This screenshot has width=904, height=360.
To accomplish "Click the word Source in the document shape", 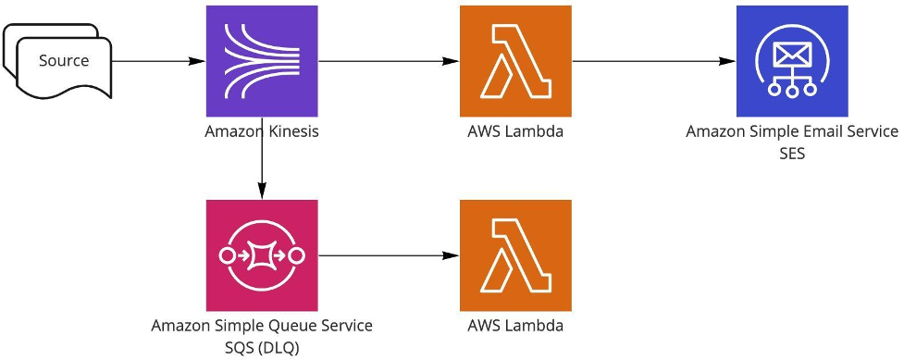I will click(64, 61).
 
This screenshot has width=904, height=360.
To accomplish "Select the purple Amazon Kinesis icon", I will click(262, 61).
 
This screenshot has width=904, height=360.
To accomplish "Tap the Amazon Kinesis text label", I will click(262, 131).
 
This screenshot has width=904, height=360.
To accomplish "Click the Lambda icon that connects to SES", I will click(515, 61).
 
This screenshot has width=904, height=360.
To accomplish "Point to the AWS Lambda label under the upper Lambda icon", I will click(515, 131).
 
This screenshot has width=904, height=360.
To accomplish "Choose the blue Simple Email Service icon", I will click(792, 61).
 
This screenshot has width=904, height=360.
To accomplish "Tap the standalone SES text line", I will click(792, 154).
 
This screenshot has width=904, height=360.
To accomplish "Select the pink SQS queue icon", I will click(262, 255).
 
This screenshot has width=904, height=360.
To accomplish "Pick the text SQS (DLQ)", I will click(262, 347).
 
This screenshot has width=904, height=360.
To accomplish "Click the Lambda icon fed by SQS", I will click(515, 255).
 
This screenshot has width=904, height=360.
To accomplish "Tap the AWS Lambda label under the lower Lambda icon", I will click(515, 326).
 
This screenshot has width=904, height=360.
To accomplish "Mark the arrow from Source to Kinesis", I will click(157, 61).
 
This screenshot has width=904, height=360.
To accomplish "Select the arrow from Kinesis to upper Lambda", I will click(389, 61).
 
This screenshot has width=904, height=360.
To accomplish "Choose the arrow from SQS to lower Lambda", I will click(389, 255).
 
